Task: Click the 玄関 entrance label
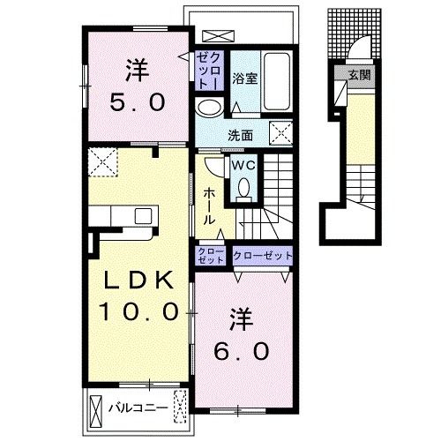click(359, 76)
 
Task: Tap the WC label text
click(243, 166)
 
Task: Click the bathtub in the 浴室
click(276, 81)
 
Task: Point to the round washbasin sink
click(210, 108)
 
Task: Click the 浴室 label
click(245, 78)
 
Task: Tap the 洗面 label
click(241, 136)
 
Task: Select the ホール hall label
click(209, 206)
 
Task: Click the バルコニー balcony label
click(138, 407)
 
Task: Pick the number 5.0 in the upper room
click(138, 102)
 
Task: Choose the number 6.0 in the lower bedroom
click(242, 352)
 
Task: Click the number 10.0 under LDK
click(138, 311)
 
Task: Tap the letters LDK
click(138, 280)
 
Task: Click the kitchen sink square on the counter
click(143, 216)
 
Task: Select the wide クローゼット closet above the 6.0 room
click(263, 256)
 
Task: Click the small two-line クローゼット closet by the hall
click(210, 256)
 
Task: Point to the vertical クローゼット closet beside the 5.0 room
click(209, 71)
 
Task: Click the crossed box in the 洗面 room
click(281, 133)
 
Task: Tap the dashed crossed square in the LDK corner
click(103, 162)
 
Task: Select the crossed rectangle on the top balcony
click(219, 36)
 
